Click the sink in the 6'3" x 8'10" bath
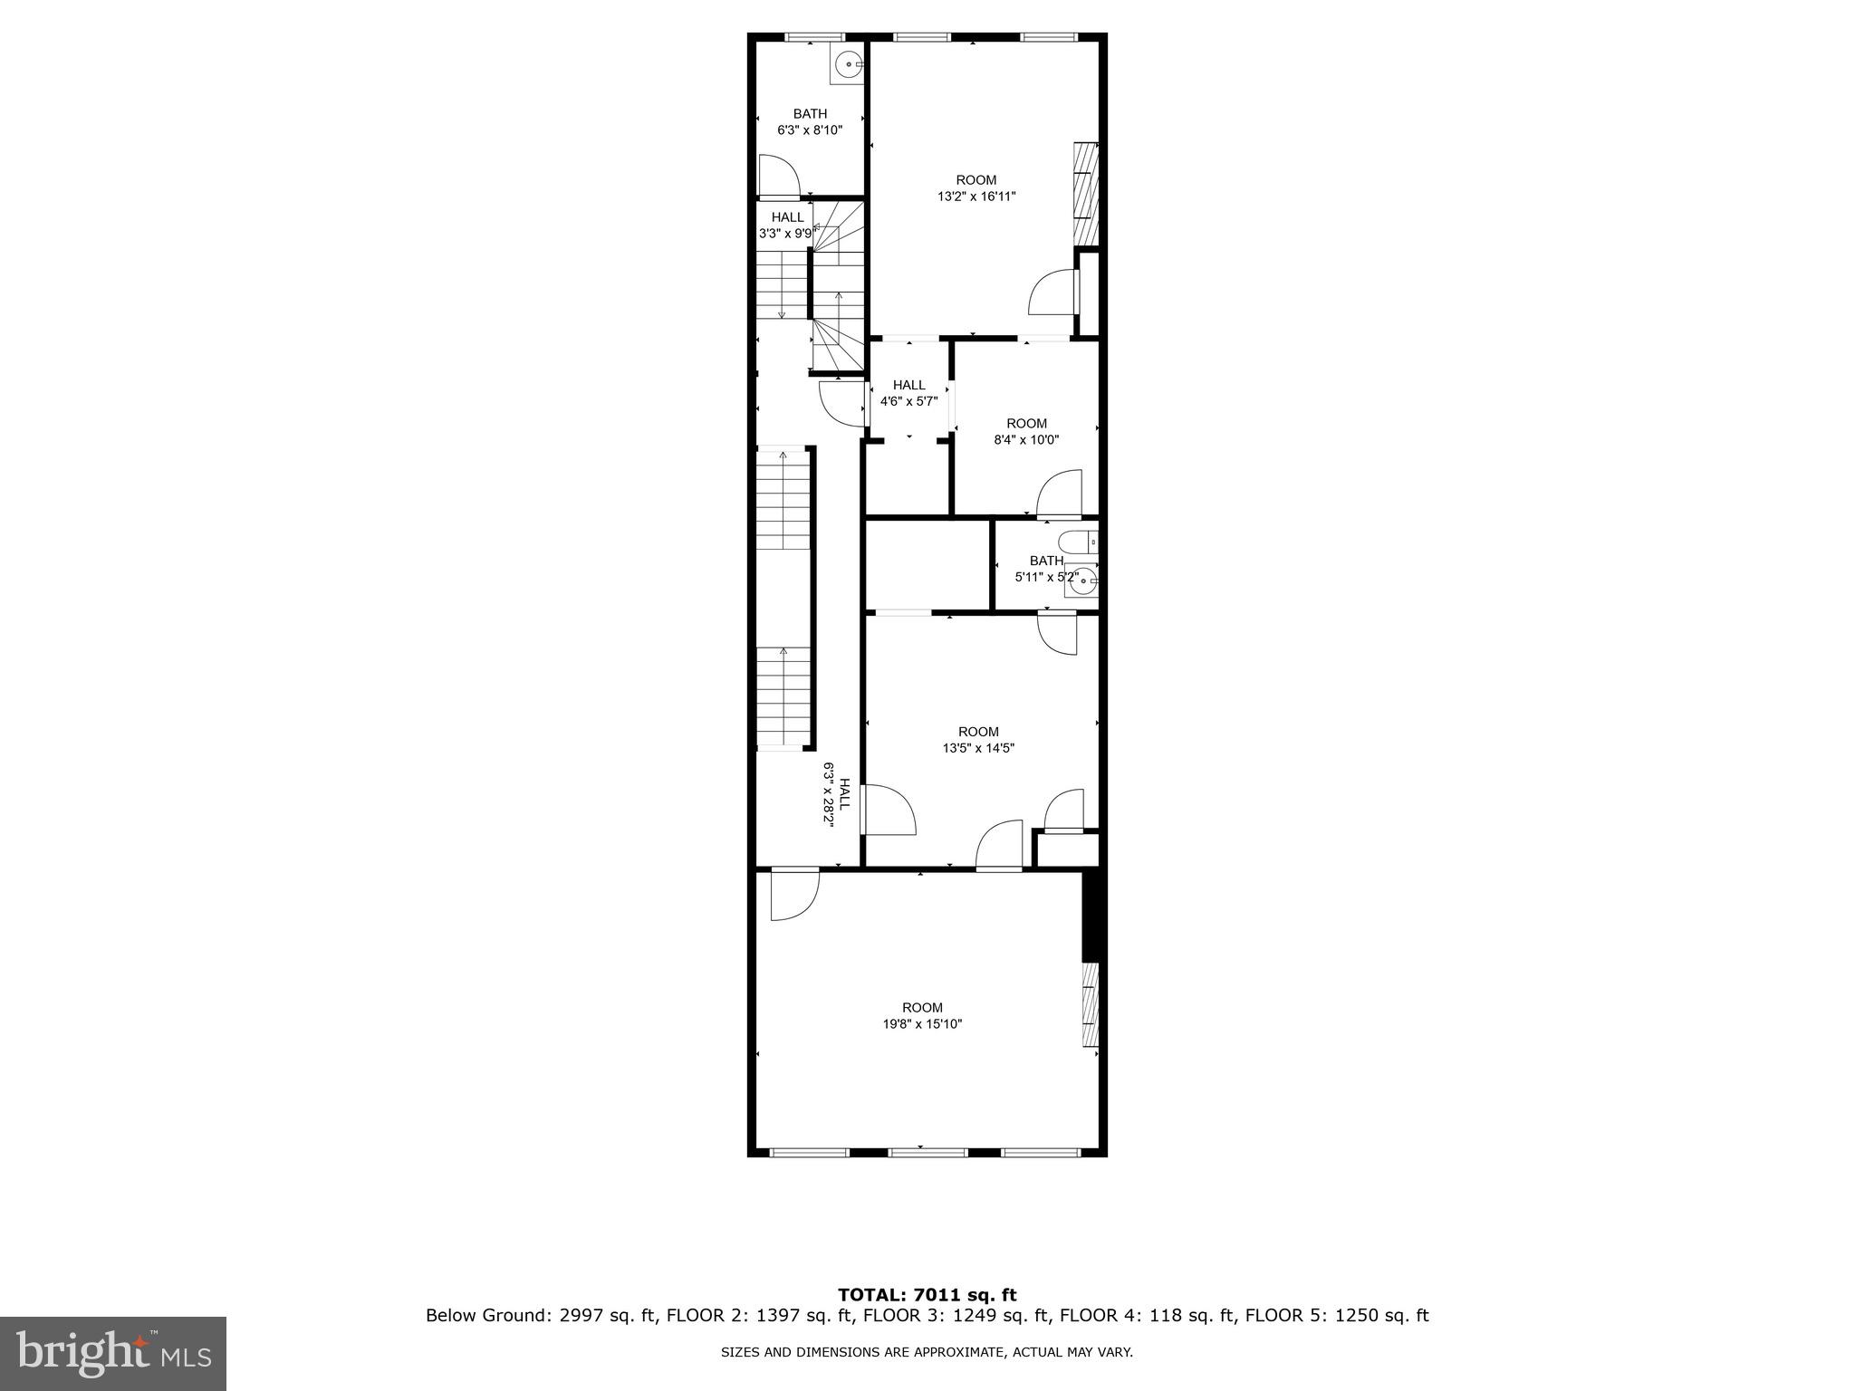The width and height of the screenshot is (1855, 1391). tap(847, 64)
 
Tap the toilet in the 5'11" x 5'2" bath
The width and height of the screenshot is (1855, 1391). tap(1080, 542)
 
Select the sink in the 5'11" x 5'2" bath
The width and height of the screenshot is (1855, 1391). tap(1081, 583)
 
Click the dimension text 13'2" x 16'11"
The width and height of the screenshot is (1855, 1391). tap(976, 196)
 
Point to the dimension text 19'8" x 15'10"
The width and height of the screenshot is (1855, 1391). tap(922, 1024)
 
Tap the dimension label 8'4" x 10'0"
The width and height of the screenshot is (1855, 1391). tap(1026, 440)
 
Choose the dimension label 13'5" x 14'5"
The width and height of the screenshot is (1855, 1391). tap(978, 748)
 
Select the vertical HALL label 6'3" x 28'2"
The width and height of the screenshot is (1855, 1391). tap(836, 792)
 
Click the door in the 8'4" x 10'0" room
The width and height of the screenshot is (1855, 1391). tap(1060, 493)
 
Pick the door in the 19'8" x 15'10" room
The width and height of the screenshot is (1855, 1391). tap(793, 895)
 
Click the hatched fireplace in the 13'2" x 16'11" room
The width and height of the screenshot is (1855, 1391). tap(1085, 194)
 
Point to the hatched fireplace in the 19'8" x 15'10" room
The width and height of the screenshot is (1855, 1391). tap(1091, 1005)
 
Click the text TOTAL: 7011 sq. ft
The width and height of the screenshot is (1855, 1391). tap(927, 1295)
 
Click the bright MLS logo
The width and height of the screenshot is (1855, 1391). tap(113, 1354)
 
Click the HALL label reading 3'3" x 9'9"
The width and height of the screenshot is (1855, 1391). tap(786, 225)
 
